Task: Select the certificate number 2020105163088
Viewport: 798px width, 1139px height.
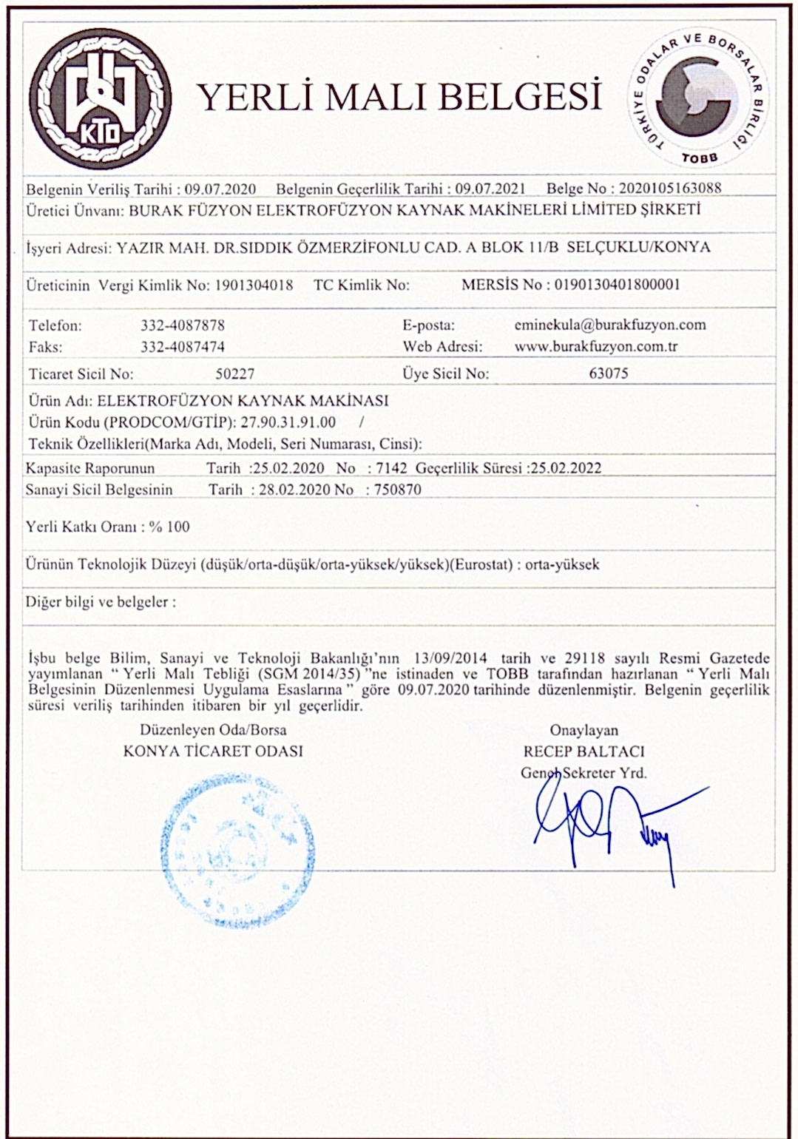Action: (669, 188)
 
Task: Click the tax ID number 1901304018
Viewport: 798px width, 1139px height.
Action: (253, 285)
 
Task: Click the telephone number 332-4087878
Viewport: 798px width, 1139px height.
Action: (183, 325)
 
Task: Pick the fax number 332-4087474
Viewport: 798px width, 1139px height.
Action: (183, 346)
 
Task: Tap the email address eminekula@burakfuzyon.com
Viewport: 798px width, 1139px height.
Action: (609, 325)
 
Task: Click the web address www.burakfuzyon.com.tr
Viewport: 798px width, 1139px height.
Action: (596, 346)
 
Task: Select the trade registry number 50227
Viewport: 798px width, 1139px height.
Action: (234, 374)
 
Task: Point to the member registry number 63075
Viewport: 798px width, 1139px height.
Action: (608, 374)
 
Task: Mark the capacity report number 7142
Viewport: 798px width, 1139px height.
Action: (388, 468)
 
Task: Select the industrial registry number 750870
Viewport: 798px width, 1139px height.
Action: (398, 490)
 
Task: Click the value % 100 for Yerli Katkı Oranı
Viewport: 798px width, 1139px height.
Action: (169, 527)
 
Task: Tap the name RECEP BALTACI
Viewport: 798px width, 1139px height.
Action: (584, 751)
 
